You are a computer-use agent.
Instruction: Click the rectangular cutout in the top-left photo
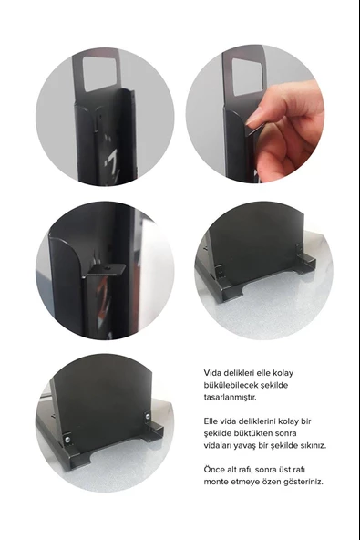coord(99,73)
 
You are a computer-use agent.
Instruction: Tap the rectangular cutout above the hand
coord(249,77)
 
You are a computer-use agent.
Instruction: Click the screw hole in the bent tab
coord(108,267)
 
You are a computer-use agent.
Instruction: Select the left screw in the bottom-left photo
coord(67,439)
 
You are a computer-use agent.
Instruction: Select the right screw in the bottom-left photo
coord(148,416)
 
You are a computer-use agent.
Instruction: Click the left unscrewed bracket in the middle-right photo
coord(219,271)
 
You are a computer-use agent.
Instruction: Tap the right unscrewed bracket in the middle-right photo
coord(300,250)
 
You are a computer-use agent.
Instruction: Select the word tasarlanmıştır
coord(230,397)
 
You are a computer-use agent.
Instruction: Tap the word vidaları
coord(218,446)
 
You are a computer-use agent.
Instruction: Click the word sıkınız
coord(313,446)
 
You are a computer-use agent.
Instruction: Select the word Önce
coord(213,470)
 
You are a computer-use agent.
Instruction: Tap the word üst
coord(283,470)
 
